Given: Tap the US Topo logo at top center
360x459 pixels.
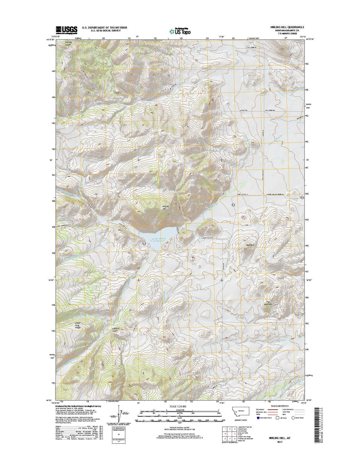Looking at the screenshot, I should (x=180, y=31).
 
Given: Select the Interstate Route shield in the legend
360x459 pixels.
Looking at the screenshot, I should (x=257, y=418).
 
